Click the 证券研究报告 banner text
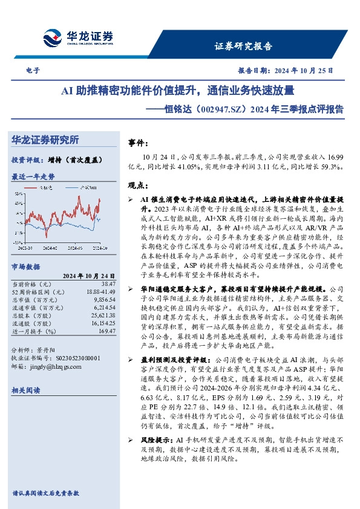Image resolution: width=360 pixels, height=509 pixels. tap(243, 46)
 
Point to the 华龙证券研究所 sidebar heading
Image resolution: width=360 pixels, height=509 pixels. tap(45, 140)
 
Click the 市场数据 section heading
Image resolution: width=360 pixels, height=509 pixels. tap(25, 266)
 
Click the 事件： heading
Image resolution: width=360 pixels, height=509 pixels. tap(139, 143)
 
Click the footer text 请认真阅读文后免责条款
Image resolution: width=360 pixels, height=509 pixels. tap(45, 493)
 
